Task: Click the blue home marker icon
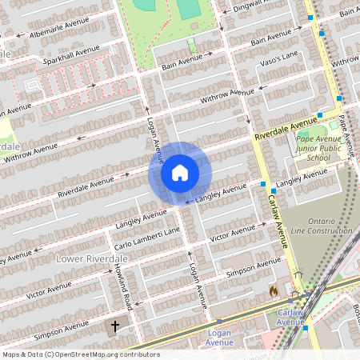point(180,173)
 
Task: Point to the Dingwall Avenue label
point(258,7)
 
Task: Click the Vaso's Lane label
point(279,54)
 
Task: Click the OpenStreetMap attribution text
point(80,354)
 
